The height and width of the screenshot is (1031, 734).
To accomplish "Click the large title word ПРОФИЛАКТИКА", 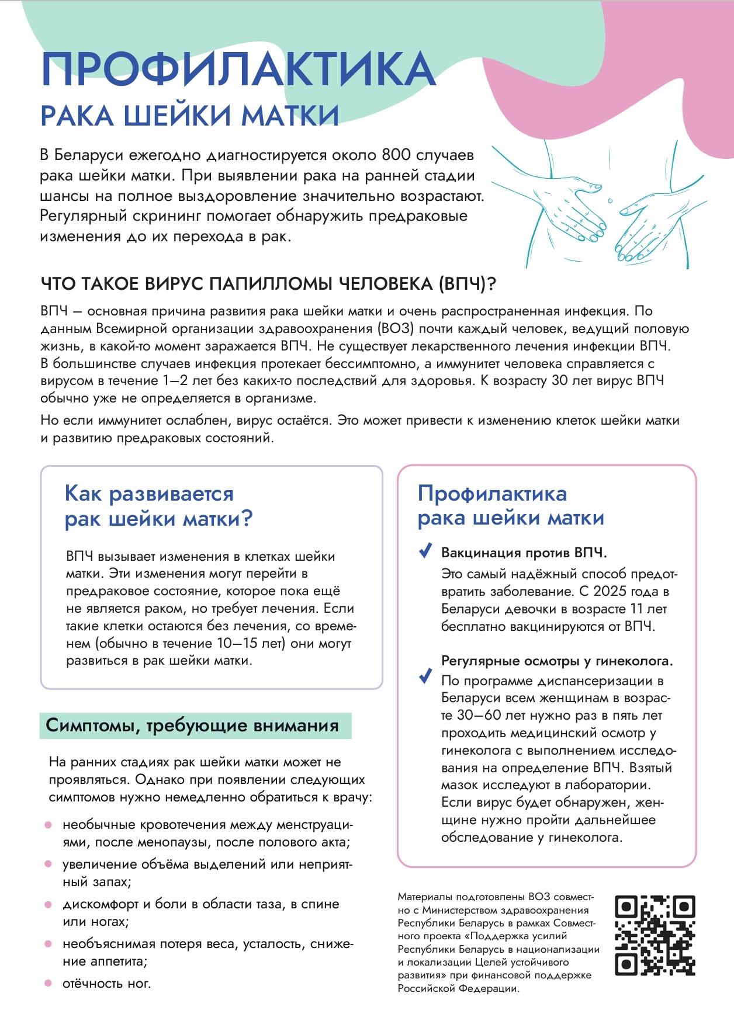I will [238, 70].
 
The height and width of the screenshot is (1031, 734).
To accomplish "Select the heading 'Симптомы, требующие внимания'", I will [192, 725].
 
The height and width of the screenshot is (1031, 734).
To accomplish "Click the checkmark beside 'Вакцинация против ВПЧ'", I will [425, 551].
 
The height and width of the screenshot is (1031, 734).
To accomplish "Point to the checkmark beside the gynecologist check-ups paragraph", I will [425, 678].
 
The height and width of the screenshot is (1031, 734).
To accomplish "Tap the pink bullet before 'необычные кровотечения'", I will [49, 825].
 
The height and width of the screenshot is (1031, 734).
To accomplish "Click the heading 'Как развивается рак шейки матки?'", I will [158, 506].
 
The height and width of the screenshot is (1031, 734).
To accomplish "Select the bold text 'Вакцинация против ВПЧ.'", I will [524, 553].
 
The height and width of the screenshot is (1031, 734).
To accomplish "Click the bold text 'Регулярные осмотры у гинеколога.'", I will [557, 661].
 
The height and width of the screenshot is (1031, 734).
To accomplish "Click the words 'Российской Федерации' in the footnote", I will [458, 988].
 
